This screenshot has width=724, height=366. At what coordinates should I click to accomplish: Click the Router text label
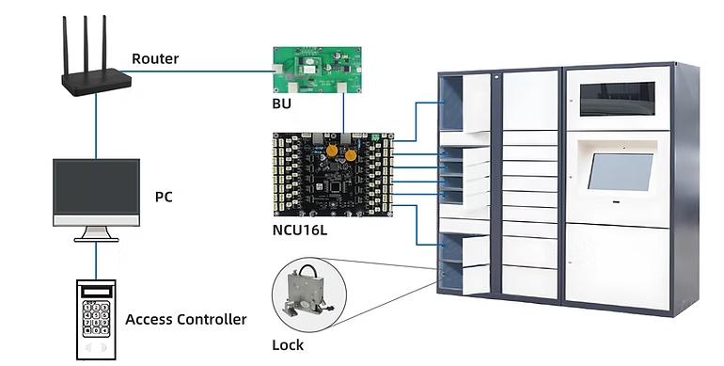(x=155, y=58)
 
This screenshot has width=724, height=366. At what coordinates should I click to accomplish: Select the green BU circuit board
(x=317, y=70)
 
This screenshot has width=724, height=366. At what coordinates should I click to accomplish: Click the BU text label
(x=282, y=103)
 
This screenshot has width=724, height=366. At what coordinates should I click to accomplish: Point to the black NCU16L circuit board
(x=334, y=175)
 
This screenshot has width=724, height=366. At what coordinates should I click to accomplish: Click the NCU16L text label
(x=300, y=230)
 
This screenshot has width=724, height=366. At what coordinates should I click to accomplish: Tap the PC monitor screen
(x=97, y=187)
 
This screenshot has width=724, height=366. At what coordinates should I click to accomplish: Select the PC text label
(x=164, y=197)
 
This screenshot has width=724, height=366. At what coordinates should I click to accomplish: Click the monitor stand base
(x=97, y=239)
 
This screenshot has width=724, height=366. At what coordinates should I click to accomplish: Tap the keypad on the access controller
(x=96, y=318)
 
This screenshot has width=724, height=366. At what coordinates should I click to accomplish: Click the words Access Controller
(x=186, y=319)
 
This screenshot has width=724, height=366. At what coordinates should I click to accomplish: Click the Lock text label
(x=288, y=344)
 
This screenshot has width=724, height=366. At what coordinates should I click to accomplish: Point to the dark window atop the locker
(x=618, y=99)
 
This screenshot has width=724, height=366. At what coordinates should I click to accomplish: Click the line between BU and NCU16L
(x=343, y=113)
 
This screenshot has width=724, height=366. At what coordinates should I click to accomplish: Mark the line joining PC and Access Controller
(x=97, y=261)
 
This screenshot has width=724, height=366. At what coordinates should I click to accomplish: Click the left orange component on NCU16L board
(x=331, y=150)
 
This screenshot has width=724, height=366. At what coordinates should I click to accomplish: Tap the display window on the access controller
(x=97, y=292)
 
